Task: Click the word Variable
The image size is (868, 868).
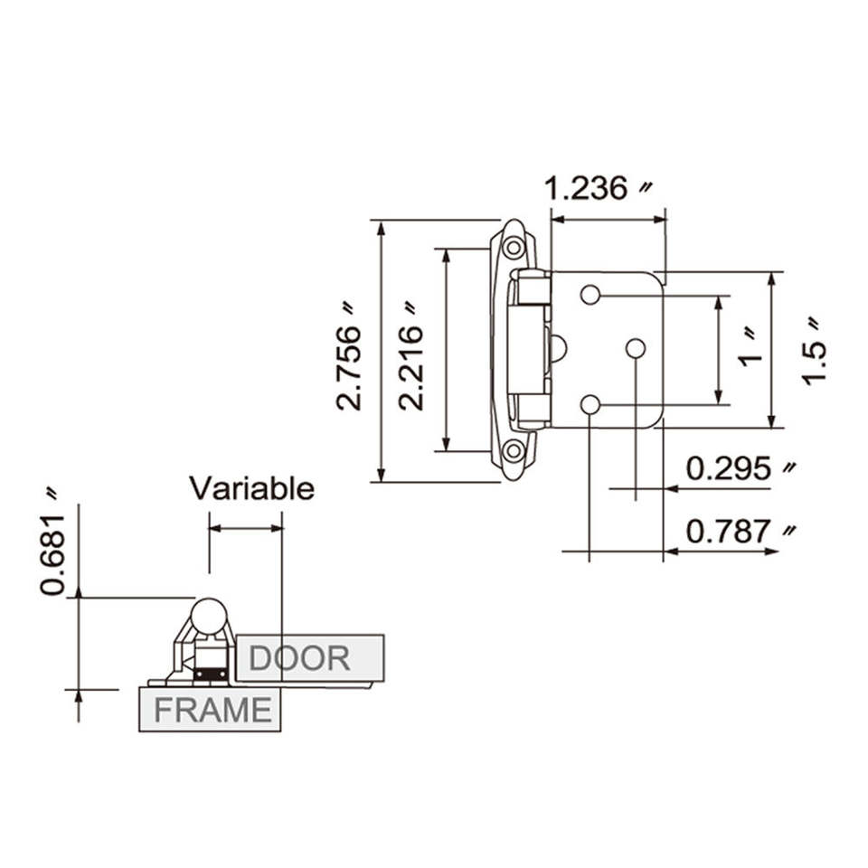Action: click(252, 489)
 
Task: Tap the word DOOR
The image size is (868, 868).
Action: click(299, 658)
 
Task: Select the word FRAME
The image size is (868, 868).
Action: click(213, 711)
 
